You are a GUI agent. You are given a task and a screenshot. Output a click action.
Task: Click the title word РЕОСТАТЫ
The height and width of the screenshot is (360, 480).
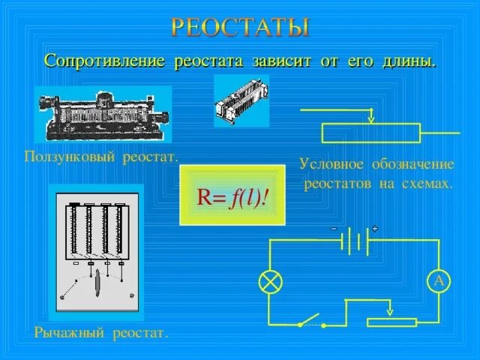[x=240, y=28]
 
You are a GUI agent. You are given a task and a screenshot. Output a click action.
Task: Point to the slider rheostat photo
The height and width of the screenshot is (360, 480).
[x=103, y=115]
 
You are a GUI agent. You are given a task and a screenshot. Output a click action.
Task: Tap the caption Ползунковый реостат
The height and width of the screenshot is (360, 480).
[x=100, y=157]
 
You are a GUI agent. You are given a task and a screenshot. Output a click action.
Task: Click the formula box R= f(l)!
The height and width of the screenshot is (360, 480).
[x=232, y=196]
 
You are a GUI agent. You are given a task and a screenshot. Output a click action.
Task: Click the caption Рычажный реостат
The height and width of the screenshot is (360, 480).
[x=100, y=331]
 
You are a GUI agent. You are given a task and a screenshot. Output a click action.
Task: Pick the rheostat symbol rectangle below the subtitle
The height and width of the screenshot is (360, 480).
[x=371, y=133]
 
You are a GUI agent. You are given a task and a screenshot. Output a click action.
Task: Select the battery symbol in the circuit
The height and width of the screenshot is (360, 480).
[x=355, y=241]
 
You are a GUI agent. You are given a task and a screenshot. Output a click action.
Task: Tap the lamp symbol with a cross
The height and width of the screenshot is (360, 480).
[x=268, y=281]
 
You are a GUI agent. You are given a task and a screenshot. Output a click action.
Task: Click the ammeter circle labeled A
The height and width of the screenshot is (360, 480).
[x=438, y=281]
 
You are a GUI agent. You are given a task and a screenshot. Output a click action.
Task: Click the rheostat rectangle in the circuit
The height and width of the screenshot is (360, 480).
[x=391, y=322]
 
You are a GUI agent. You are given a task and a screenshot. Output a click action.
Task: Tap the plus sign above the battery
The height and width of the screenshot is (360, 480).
[x=373, y=228]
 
